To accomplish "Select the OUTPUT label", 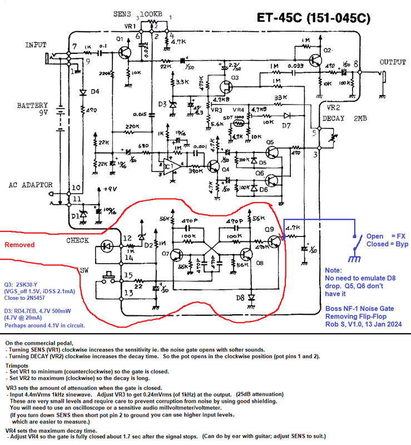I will click(393, 63).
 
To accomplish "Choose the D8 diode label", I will click(240, 298).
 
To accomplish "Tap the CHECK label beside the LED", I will click(78, 240).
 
